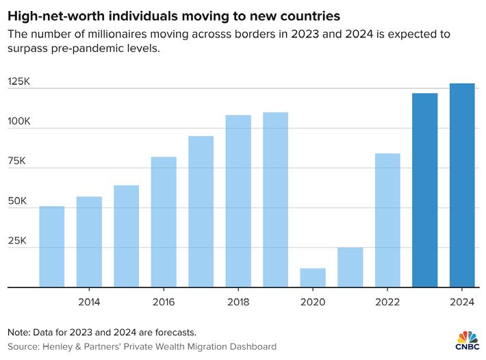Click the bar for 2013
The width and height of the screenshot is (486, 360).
click(52, 246)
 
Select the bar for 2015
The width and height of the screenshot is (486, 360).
click(127, 236)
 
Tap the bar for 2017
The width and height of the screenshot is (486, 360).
click(201, 211)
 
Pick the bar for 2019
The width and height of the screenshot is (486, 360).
click(275, 200)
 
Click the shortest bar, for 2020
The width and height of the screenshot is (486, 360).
click(313, 278)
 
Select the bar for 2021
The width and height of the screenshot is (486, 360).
click(350, 268)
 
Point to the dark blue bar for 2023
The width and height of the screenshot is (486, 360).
click(424, 190)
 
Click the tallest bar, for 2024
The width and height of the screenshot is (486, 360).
click(462, 185)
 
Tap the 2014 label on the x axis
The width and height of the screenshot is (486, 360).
click(89, 302)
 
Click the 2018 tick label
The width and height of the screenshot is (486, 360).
click(238, 302)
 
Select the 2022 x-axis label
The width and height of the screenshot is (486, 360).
click(387, 302)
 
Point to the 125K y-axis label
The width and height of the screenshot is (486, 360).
click(19, 81)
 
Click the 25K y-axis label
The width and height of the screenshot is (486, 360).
click(19, 241)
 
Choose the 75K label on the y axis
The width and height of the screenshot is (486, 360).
click(19, 162)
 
